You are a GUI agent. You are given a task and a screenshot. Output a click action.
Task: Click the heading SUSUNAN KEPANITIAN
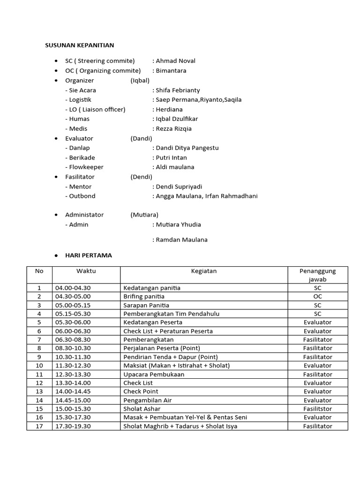click(x=79, y=45)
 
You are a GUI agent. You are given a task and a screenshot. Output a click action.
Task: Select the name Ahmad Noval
click(x=175, y=61)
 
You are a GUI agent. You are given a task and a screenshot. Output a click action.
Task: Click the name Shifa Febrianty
click(x=178, y=90)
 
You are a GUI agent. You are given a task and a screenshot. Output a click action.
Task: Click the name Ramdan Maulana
click(x=181, y=240)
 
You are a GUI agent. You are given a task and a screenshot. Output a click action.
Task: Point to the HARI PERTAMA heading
click(x=89, y=255)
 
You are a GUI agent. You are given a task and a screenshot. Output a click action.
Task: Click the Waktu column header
click(x=86, y=271)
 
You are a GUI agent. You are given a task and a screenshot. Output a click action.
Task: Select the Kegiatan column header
click(x=203, y=271)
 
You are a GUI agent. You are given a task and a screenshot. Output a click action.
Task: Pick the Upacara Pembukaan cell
click(x=154, y=375)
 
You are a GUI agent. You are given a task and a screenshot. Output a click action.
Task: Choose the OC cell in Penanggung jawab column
click(x=317, y=296)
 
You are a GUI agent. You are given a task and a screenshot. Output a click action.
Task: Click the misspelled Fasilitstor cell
click(x=317, y=409)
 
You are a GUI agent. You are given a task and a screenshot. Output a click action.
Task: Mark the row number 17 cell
click(x=39, y=426)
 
